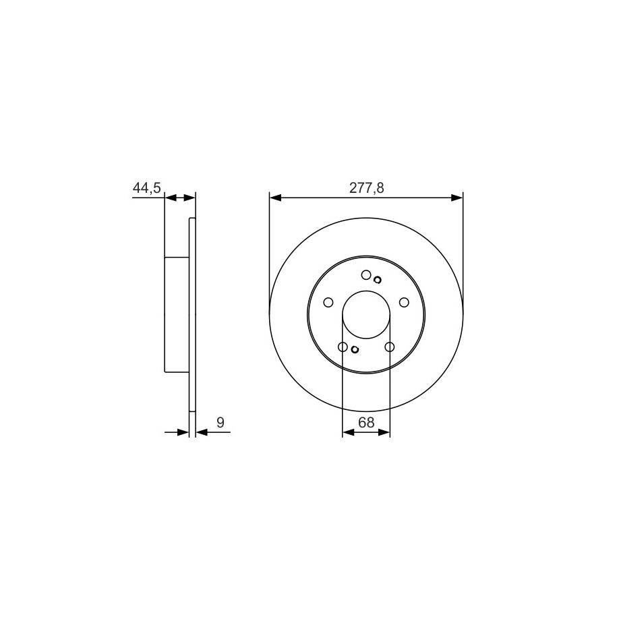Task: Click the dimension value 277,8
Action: tap(366, 188)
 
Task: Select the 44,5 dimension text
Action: tap(147, 188)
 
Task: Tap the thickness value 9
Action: tap(221, 423)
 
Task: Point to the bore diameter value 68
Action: tap(366, 423)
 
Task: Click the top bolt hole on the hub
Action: tap(366, 275)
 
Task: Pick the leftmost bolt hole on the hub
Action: tap(328, 302)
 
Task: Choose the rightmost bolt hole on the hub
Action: tap(404, 302)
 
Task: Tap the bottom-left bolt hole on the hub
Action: tap(343, 347)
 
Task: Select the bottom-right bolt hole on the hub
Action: tap(390, 347)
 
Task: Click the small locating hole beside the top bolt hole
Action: tap(378, 280)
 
